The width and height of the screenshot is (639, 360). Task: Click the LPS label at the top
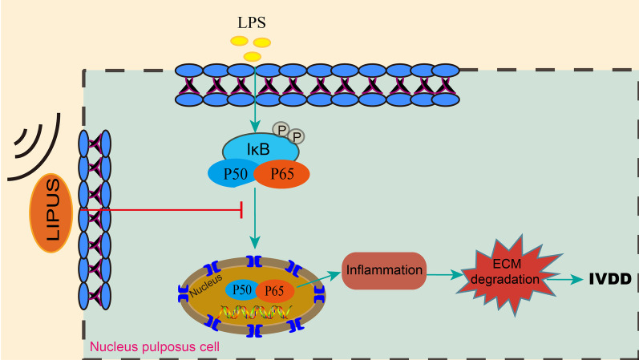(x=252, y=22)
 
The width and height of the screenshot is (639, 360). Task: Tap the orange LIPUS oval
(x=51, y=213)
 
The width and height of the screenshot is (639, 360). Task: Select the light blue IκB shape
(x=261, y=149)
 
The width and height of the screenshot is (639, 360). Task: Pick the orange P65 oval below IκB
(x=281, y=174)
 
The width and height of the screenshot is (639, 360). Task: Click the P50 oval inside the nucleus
(x=241, y=290)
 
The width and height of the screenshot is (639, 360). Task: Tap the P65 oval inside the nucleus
(x=275, y=291)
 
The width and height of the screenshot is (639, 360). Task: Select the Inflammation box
(x=384, y=270)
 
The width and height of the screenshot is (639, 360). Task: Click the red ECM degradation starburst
(x=507, y=273)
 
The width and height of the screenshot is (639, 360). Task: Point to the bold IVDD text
(x=610, y=279)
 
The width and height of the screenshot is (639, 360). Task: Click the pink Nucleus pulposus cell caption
(x=155, y=347)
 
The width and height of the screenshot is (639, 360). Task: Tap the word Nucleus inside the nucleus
(x=206, y=285)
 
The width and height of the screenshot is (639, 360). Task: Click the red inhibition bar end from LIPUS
(x=241, y=210)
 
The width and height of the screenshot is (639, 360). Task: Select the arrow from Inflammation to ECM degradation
(x=444, y=275)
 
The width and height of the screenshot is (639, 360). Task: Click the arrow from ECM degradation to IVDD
(x=564, y=279)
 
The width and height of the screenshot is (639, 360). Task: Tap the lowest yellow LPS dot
(x=253, y=56)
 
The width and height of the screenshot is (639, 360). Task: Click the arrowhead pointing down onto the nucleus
(x=255, y=244)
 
